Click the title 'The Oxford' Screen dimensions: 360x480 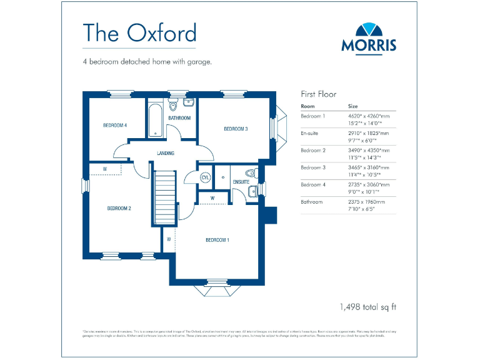[x=139, y=32]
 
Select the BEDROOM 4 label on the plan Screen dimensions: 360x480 [x=115, y=125]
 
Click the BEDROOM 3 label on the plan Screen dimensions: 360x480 [x=236, y=129]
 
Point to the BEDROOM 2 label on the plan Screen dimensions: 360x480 [x=118, y=208]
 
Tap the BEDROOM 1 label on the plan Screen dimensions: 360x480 [x=218, y=240]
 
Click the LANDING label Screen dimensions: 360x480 [x=166, y=153]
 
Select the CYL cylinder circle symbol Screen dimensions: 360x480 [x=205, y=177]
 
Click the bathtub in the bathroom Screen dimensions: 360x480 [x=155, y=119]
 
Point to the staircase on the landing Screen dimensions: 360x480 [x=164, y=197]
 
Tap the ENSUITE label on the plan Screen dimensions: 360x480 [x=241, y=182]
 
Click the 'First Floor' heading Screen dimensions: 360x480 [x=319, y=94]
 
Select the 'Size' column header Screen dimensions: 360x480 [x=353, y=106]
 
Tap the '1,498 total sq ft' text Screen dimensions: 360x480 [x=368, y=307]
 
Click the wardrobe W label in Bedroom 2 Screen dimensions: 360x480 [x=104, y=169]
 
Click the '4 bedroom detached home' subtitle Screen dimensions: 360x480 [x=147, y=62]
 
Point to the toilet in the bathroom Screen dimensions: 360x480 [x=173, y=106]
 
